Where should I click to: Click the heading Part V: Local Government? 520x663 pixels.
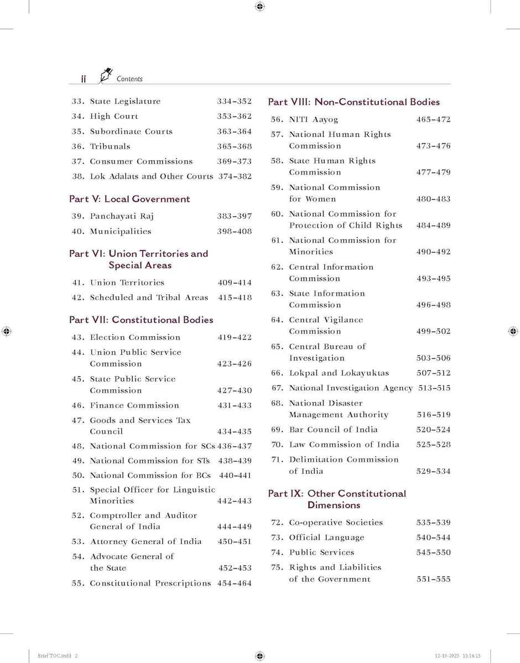point(129,199)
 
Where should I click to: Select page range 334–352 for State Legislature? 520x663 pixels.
point(234,101)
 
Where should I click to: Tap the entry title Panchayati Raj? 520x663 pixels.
point(117,216)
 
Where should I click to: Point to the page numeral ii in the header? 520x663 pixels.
point(83,79)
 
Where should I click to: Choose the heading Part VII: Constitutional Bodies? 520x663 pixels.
point(141,320)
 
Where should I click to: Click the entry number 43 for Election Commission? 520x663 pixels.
point(77,337)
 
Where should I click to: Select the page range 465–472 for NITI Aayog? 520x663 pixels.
point(433,119)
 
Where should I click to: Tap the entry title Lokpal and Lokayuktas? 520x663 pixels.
point(339,373)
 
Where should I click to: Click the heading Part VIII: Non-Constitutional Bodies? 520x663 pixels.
point(353,102)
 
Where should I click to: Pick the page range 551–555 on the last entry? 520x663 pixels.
point(433,580)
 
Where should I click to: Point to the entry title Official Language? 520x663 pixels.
point(326,537)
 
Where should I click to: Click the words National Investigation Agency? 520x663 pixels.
point(351,388)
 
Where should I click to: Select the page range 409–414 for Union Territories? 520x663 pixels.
point(234,283)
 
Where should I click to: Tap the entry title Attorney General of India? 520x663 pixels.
point(145,542)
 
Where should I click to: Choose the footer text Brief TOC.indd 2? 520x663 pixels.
point(58,656)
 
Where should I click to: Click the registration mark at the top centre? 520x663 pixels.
point(260,7)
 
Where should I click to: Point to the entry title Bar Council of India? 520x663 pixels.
point(333,430)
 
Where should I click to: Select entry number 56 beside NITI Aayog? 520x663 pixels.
point(277,119)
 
